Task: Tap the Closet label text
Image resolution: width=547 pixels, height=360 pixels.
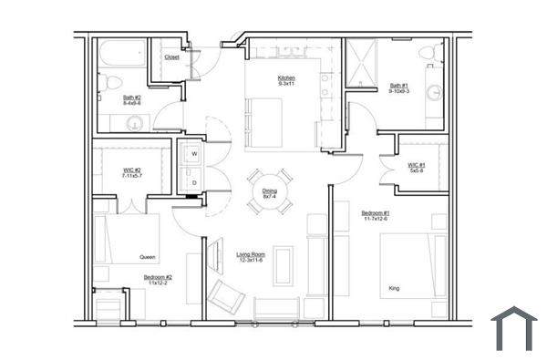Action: pos(171,57)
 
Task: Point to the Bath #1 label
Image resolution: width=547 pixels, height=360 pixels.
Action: pos(398,87)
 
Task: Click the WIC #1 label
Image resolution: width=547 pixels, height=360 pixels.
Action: pos(417,168)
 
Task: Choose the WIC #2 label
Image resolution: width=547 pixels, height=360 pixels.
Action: pos(132,171)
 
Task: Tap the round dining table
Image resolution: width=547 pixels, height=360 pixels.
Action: pos(270,192)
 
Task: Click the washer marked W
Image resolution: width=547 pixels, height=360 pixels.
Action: pos(193,155)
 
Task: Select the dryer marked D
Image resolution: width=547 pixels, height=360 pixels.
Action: pos(193,182)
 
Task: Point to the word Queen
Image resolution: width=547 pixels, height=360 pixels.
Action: pos(148,257)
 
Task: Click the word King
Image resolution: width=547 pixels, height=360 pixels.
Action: pos(394,288)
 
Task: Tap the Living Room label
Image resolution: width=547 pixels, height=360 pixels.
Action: pos(252,257)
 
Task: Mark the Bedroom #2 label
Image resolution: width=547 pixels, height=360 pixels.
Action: pos(158,280)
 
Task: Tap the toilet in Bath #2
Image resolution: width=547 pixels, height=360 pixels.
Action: pos(110,84)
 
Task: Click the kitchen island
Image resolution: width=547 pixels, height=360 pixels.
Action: pos(263,120)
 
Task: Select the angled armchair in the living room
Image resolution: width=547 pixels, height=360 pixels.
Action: pos(224,295)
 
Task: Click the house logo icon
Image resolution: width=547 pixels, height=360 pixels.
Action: pos(514,329)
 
